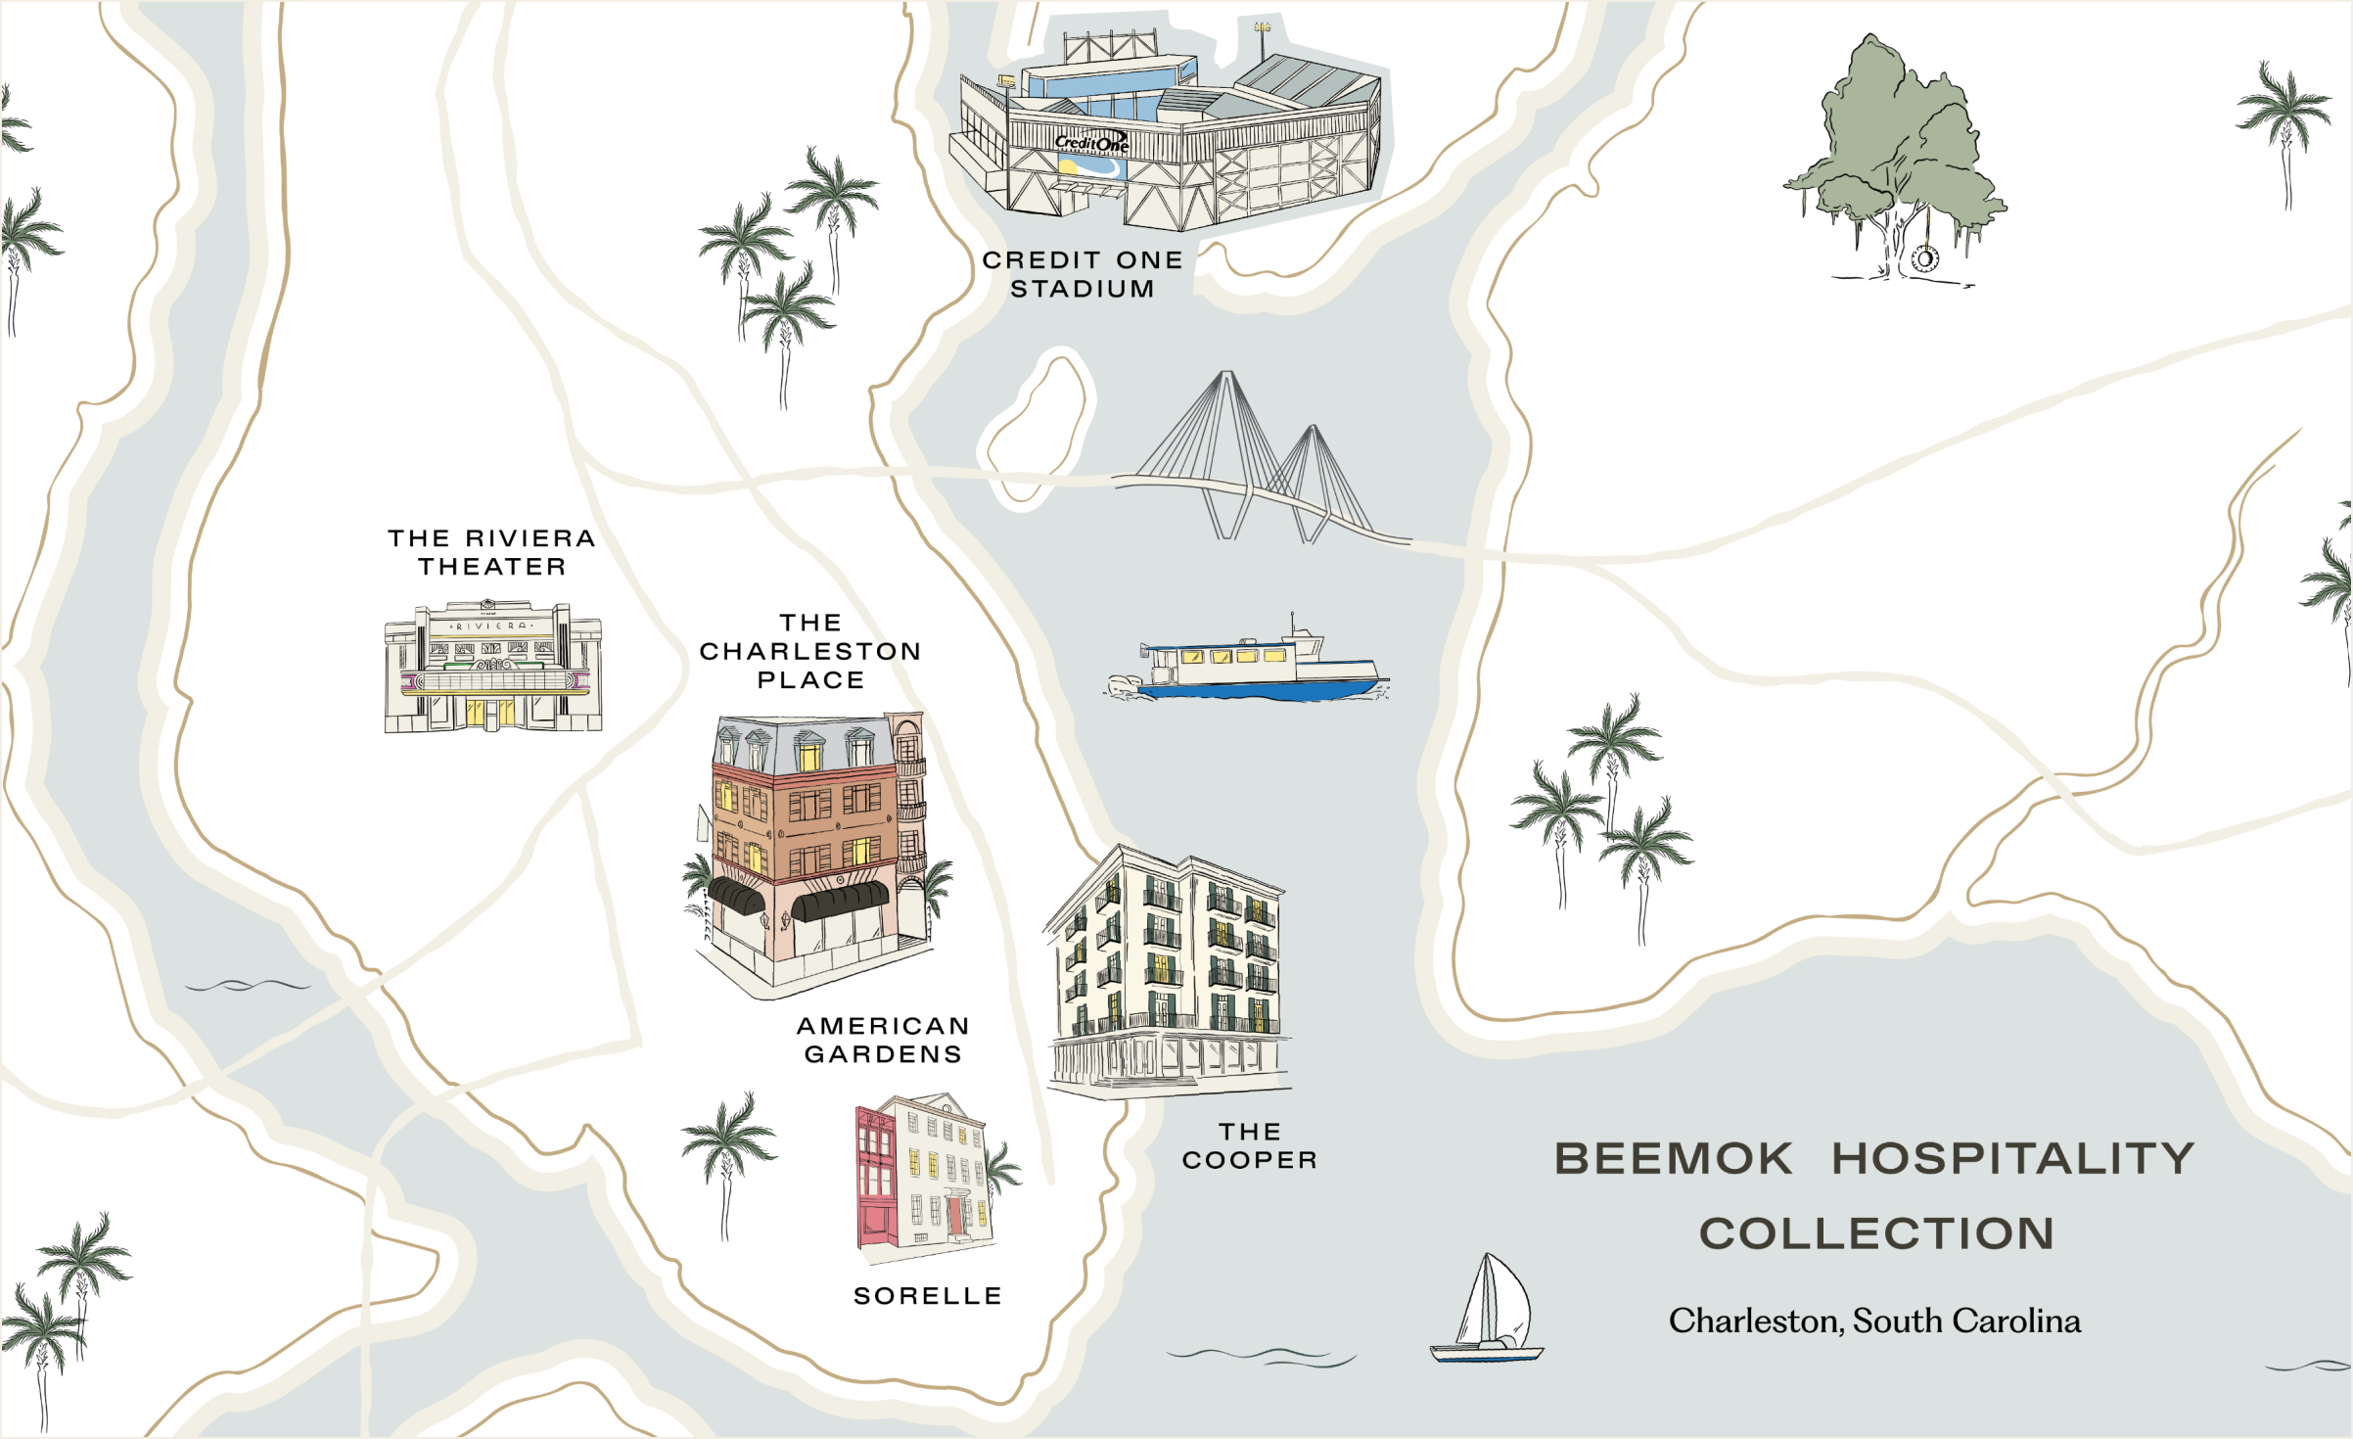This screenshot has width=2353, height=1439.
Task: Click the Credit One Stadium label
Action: [x=1082, y=274]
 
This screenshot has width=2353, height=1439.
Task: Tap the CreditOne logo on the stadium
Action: [x=1091, y=144]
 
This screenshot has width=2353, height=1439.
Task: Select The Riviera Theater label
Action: [x=491, y=552]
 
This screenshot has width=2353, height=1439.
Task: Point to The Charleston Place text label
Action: [x=810, y=651]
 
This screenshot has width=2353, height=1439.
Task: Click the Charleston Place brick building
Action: [x=812, y=842]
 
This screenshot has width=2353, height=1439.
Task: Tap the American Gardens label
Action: [x=883, y=1040]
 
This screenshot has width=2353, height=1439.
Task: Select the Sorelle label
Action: [x=928, y=1296]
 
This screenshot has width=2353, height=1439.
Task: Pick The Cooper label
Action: [x=1250, y=1145]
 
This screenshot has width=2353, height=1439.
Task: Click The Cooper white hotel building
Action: [x=1170, y=969]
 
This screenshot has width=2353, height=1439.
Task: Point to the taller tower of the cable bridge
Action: [x=1225, y=431]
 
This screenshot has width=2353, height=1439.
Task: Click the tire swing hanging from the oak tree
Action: [x=1924, y=259]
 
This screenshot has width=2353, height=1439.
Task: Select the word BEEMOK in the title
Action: [x=1674, y=1159]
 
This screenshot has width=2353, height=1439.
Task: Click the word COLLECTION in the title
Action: [x=1876, y=1233]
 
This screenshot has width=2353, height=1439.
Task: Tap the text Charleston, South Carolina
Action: [x=1874, y=1322]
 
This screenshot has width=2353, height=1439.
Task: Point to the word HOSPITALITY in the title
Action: [x=2013, y=1159]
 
